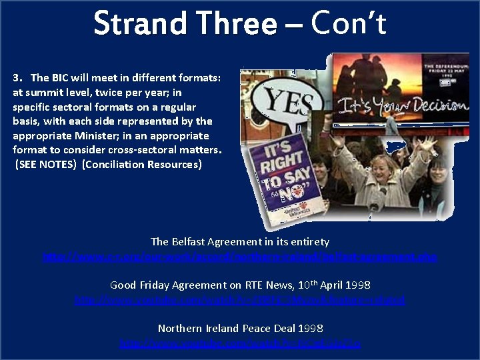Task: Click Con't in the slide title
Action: pyautogui.click(x=348, y=24)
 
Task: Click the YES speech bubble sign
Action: pyautogui.click(x=288, y=103)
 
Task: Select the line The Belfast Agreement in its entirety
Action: pyautogui.click(x=240, y=241)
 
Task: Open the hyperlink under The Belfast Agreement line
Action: pyautogui.click(x=240, y=257)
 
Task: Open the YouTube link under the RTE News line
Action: pyautogui.click(x=240, y=300)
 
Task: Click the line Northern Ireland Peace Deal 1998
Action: pyautogui.click(x=240, y=328)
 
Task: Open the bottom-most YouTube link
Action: pyautogui.click(x=240, y=343)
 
